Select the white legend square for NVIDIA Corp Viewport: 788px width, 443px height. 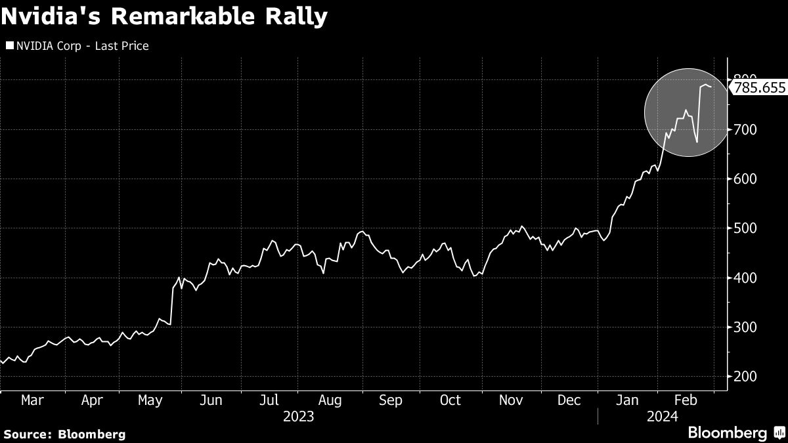click(9, 46)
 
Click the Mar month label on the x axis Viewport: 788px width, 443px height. click(33, 400)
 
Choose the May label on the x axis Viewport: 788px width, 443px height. click(151, 400)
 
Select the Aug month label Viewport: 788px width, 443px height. click(330, 400)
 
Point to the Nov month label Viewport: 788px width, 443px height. click(510, 400)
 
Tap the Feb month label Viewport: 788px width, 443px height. click(686, 400)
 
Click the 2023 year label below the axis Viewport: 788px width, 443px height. click(298, 416)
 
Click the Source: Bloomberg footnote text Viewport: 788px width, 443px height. click(64, 434)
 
